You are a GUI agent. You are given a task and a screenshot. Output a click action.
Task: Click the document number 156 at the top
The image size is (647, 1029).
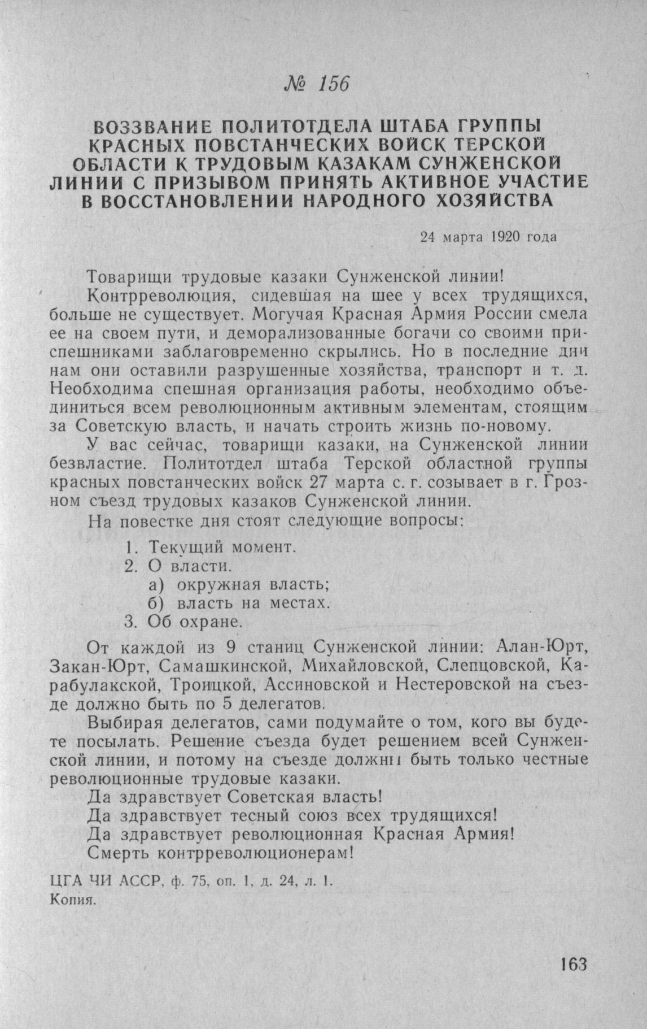335,84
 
